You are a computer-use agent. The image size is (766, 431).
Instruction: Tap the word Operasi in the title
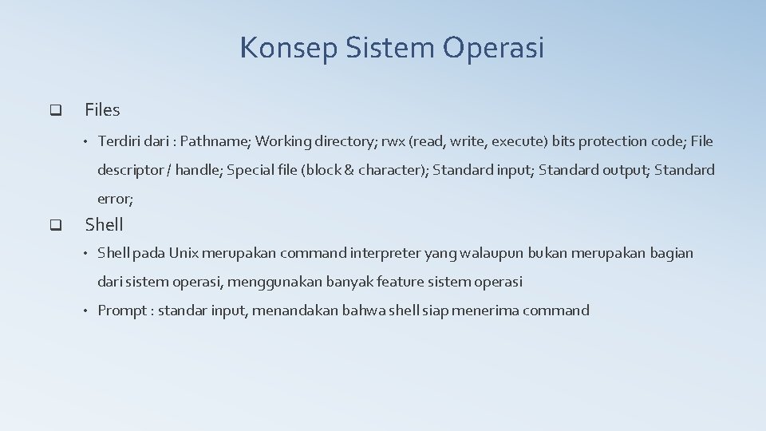tap(494, 48)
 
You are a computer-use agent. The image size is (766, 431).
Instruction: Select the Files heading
tap(102, 110)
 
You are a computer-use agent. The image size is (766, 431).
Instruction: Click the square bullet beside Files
tap(55, 110)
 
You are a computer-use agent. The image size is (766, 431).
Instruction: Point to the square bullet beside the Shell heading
tap(55, 225)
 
